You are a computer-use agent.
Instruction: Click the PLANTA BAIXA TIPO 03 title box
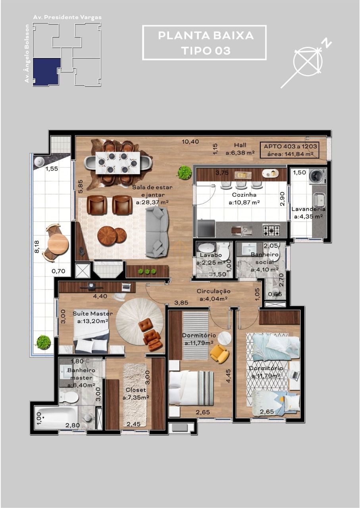click(204, 43)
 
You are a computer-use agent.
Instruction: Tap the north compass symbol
click(308, 62)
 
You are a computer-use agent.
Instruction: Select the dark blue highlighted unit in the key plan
click(46, 71)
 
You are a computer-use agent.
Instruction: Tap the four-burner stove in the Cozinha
click(271, 230)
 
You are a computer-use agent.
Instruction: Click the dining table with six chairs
click(118, 163)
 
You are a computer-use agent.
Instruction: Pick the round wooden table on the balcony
click(58, 244)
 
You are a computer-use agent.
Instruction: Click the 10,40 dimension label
click(190, 141)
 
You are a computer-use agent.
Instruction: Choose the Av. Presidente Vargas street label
click(67, 17)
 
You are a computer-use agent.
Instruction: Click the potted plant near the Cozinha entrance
click(184, 173)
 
